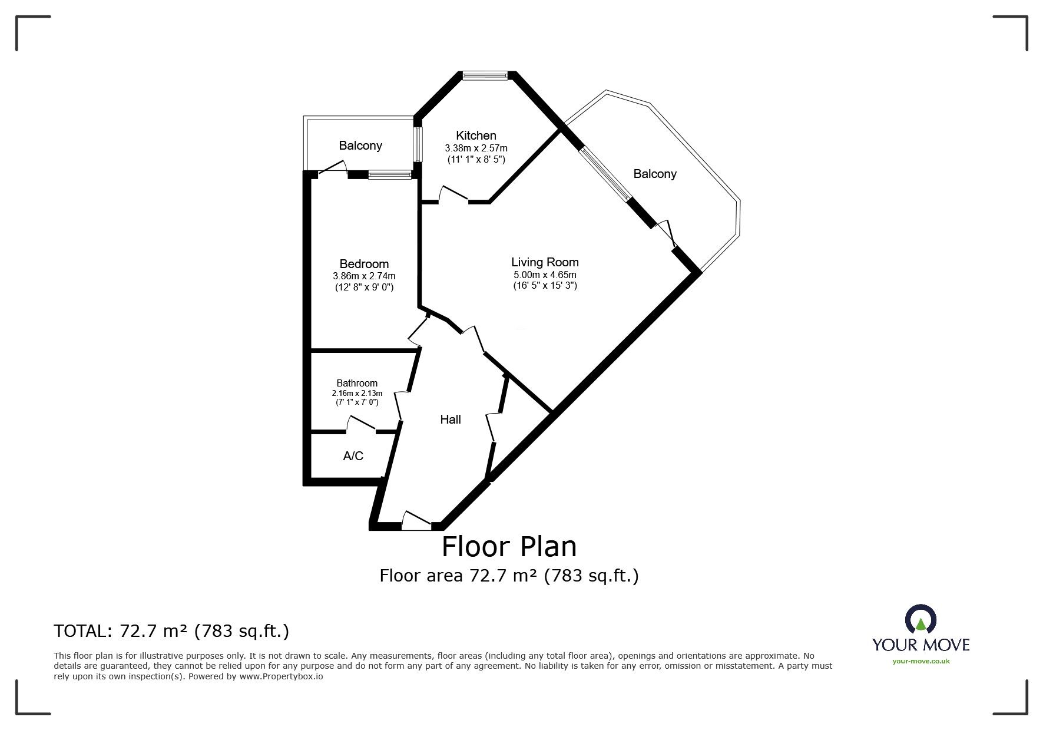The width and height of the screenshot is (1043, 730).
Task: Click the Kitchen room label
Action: [x=476, y=136]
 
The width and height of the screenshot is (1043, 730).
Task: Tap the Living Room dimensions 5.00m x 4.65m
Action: [x=544, y=275]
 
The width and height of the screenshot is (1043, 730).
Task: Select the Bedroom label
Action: [x=364, y=264]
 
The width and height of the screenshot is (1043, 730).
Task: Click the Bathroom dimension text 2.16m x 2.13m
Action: [x=356, y=394]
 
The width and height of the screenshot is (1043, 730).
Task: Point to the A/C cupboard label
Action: [x=353, y=456]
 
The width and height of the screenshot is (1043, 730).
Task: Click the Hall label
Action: [x=451, y=419]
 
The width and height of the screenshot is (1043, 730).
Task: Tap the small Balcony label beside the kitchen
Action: [x=360, y=146]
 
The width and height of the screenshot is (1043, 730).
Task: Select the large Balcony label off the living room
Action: [x=655, y=174]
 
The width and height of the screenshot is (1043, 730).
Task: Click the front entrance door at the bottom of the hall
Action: [x=417, y=520]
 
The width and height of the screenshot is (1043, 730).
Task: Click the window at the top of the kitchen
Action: [x=485, y=75]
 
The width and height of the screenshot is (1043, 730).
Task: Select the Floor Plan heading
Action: [x=509, y=546]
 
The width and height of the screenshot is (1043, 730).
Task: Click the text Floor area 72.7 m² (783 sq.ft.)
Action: [x=509, y=575]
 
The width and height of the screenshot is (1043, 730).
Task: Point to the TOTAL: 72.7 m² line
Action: [x=171, y=632]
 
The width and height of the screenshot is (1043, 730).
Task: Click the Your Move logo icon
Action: [x=921, y=622]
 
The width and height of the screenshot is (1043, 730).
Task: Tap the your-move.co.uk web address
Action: [x=921, y=661]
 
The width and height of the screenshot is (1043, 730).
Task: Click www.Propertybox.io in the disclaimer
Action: [x=281, y=677]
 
